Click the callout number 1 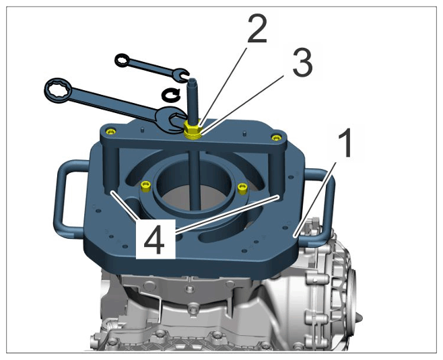[345, 143]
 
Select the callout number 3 [302, 63]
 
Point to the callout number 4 [154, 240]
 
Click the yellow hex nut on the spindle [192, 130]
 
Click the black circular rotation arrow [170, 94]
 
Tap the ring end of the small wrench [122, 60]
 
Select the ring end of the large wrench [59, 90]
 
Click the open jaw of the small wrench [182, 75]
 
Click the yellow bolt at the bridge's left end [110, 131]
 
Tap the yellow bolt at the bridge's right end [276, 137]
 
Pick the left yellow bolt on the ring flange [146, 186]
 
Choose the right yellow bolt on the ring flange [242, 188]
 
